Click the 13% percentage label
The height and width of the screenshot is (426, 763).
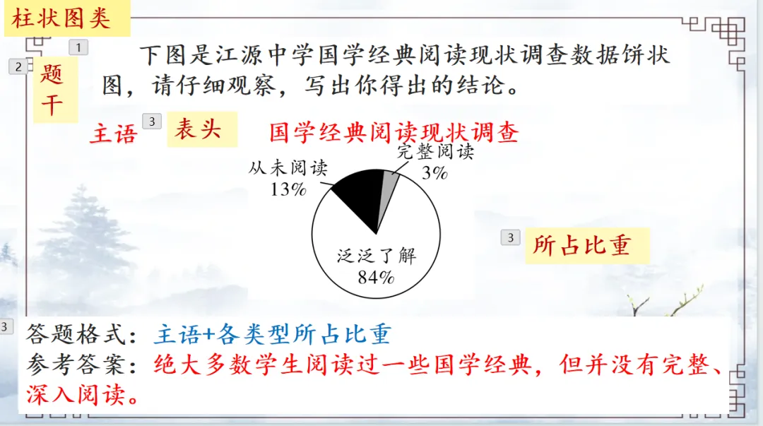point(288,189)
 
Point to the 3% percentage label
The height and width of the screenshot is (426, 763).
point(434,172)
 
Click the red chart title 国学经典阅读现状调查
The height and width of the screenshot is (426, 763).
point(394,132)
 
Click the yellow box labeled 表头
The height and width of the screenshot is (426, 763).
point(201,130)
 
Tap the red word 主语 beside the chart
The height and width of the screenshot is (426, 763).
point(112,134)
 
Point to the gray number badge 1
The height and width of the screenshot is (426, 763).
point(78,47)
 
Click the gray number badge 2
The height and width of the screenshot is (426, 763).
point(18,66)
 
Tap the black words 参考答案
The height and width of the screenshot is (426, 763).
point(78,365)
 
